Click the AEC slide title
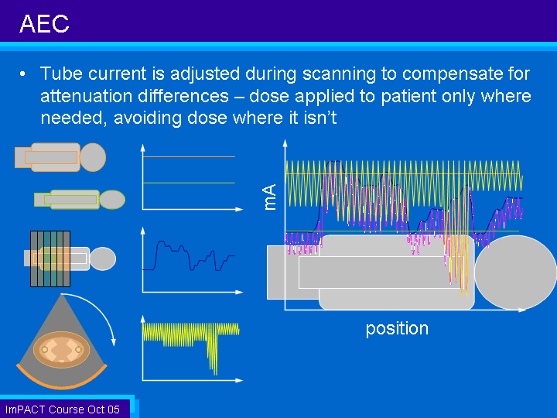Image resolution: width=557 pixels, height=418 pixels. tap(44, 24)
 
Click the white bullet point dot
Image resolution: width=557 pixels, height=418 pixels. tap(22, 74)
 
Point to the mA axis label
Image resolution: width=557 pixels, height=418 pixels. tap(270, 197)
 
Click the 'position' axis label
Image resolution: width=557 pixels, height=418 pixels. tap(397, 329)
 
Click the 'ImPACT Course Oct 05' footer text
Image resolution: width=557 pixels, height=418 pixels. tap(63, 409)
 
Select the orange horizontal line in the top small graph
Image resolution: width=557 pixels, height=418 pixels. tap(189, 156)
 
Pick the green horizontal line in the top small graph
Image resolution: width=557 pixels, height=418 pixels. tap(189, 183)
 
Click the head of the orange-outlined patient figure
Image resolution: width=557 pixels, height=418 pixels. tap(93, 157)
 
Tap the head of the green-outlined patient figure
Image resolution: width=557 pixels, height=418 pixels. tap(112, 200)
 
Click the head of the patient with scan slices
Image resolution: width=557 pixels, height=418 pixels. tap(103, 259)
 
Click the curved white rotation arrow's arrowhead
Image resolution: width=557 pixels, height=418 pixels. tap(113, 342)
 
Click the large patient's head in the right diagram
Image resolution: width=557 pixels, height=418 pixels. tap(515, 272)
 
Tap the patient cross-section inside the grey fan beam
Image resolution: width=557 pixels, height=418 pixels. tap(61, 350)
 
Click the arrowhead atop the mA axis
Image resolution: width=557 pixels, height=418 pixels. tap(285, 143)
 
